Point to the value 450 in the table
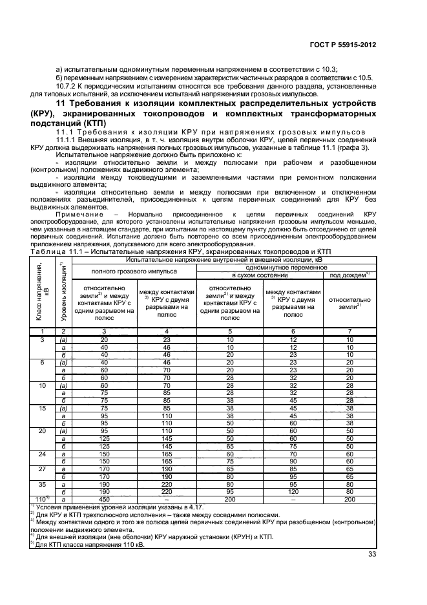[103, 500]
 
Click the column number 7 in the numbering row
[349, 330]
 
